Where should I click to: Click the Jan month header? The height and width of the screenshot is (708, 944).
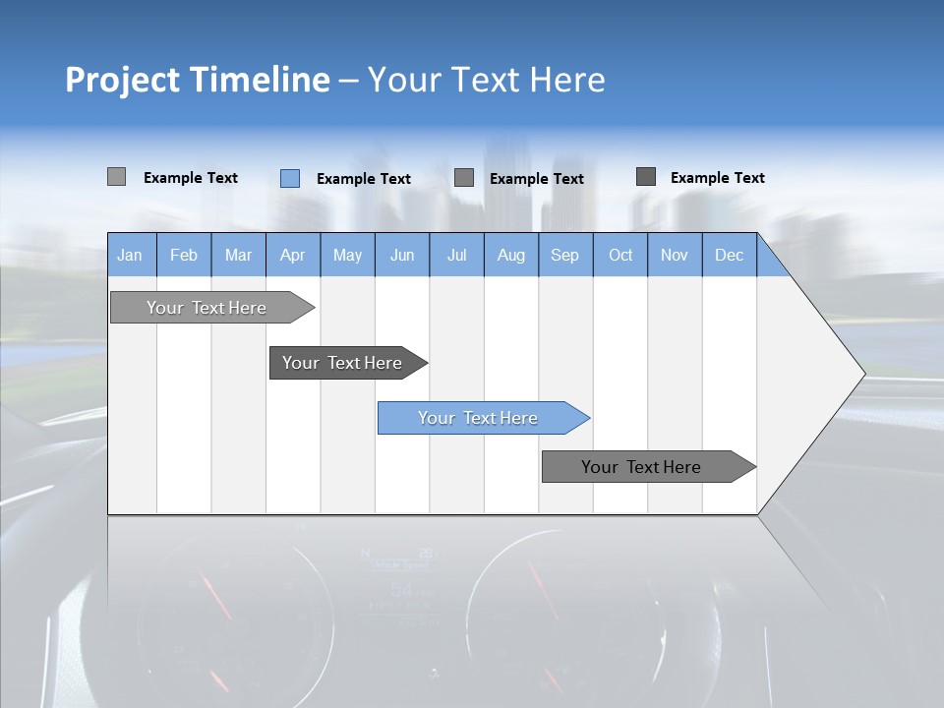(x=130, y=255)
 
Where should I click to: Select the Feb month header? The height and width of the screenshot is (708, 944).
(x=184, y=255)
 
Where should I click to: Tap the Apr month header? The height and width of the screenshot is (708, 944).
(x=293, y=255)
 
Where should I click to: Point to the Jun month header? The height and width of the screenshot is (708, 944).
(x=402, y=255)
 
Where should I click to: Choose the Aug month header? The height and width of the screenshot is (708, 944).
(x=511, y=255)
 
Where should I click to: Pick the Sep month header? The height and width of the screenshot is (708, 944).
(x=565, y=255)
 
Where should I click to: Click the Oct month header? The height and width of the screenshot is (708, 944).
(x=620, y=255)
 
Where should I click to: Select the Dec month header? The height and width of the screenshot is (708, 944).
(x=730, y=255)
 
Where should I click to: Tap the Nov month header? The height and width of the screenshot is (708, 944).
(x=675, y=255)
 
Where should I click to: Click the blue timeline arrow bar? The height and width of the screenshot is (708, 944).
(x=482, y=418)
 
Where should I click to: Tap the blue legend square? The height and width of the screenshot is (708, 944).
(x=290, y=178)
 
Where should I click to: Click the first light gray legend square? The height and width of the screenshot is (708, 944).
(x=117, y=177)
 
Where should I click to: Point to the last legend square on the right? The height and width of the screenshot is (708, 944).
(x=646, y=177)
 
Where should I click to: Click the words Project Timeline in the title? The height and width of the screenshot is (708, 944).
(x=197, y=80)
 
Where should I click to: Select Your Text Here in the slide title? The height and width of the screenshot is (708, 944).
(x=486, y=80)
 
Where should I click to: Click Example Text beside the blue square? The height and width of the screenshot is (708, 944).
(x=364, y=179)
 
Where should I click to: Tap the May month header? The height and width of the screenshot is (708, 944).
(x=347, y=255)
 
